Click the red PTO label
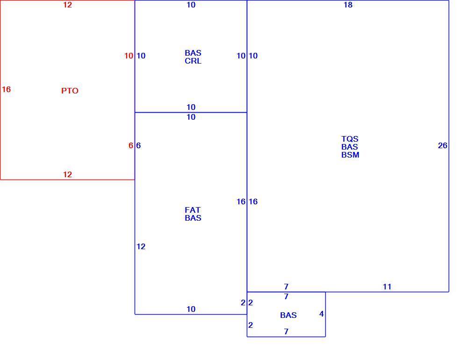pos(70,91)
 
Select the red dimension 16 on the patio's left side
pos(6,89)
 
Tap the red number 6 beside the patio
pos(130,145)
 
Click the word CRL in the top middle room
pos(193,61)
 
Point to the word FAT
pos(193,210)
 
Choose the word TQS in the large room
pos(350,139)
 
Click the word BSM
pos(350,155)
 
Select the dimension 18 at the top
pos(348,5)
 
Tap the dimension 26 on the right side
pos(443,145)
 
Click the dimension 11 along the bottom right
pos(387,287)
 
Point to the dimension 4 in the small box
pos(322,314)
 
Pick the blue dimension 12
pos(141,247)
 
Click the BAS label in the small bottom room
pos(288,315)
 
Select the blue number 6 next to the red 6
pos(138,145)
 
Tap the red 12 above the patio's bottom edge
pos(67,175)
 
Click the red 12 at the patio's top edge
pos(67,5)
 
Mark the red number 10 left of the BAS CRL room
pos(129,56)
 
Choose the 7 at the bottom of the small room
pos(286,332)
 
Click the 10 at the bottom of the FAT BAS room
pos(191,310)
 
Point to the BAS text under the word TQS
pos(350,147)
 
